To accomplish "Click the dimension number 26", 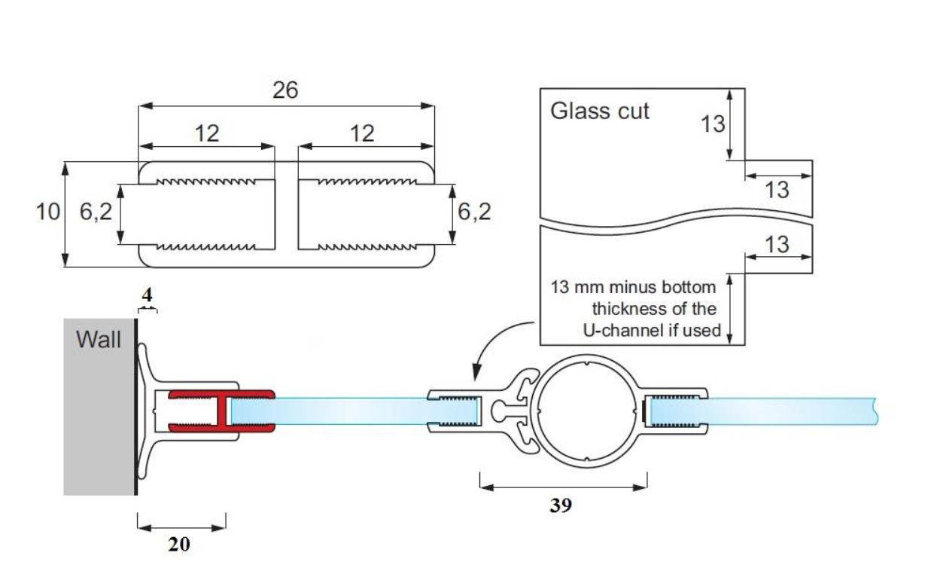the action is (x=285, y=90).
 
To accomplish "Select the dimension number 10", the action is (x=48, y=212).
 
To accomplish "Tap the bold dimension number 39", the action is (x=561, y=505).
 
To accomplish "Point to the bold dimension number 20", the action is (x=179, y=544).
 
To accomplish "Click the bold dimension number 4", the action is (x=147, y=295).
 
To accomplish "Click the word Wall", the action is (x=99, y=339).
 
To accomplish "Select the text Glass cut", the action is (x=599, y=111).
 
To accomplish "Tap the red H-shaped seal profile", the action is (x=221, y=411).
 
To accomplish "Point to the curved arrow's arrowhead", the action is (x=477, y=371).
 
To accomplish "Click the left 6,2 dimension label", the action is (x=96, y=212).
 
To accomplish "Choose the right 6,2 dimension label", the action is (x=474, y=212).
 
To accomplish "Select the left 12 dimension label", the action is (x=206, y=133).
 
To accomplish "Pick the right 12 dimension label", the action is (x=362, y=133).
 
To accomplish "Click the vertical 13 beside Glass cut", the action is (x=713, y=124).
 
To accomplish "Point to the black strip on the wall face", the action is (x=136, y=407).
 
